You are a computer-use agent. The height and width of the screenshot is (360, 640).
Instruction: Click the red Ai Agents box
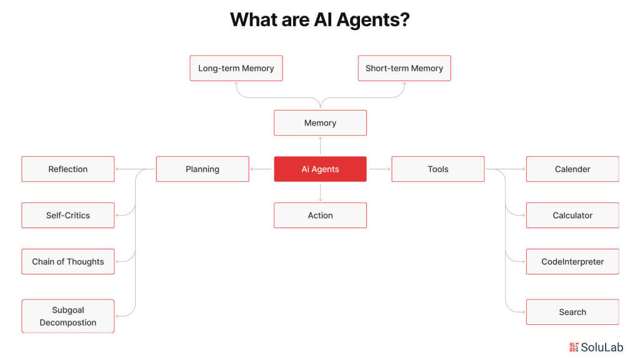tap(320, 169)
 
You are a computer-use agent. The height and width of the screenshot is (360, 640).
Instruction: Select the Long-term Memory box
tap(236, 68)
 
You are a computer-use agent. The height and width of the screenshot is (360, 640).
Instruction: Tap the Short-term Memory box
tap(404, 68)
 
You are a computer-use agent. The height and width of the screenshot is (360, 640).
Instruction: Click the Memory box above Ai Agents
tap(320, 122)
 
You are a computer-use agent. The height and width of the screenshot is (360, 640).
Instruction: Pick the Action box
tap(320, 215)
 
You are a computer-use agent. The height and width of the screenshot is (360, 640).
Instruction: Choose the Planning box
tap(202, 169)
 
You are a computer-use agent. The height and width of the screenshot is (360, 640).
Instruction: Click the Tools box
tap(437, 169)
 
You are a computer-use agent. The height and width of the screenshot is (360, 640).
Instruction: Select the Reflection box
tap(68, 169)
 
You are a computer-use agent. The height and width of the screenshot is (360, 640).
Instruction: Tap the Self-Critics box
tap(68, 215)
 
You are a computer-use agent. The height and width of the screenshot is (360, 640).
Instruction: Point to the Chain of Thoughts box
tap(68, 261)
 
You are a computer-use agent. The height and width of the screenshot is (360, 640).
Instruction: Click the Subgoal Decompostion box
tap(68, 316)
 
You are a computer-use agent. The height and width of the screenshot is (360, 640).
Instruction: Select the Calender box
tap(572, 169)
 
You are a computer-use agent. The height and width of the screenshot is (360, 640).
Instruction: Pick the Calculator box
tap(572, 215)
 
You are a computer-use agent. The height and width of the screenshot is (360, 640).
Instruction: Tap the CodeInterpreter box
tap(572, 261)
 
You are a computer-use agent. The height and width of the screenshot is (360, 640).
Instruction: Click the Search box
tap(572, 312)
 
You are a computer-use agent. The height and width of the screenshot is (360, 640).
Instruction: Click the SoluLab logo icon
tap(574, 347)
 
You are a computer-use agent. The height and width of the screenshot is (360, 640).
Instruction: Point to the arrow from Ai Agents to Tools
tap(379, 169)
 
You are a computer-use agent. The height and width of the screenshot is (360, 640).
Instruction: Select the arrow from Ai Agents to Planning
tap(261, 169)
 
